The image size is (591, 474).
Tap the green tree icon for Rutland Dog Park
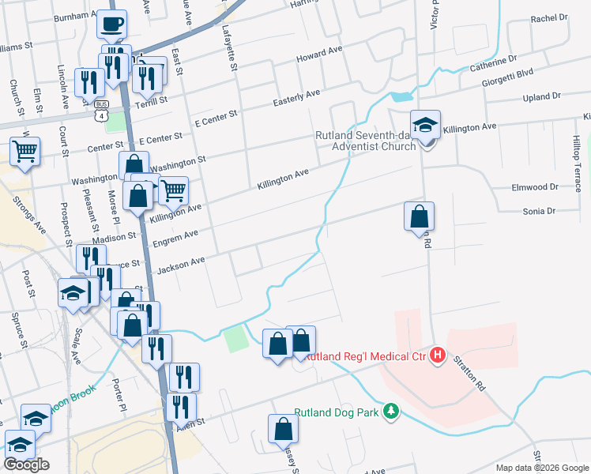390,412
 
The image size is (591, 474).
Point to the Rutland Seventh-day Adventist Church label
365,141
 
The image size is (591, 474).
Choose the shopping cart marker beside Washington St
173,190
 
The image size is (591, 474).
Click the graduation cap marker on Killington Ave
425,125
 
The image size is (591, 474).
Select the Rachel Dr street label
550,17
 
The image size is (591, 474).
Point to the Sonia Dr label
540,212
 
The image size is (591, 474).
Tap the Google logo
27,465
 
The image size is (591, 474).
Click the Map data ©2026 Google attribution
541,468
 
